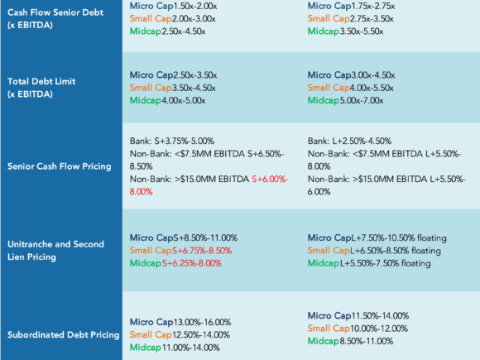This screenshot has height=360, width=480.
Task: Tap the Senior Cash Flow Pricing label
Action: click(60, 166)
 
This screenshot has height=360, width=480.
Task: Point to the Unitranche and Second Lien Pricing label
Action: click(55, 251)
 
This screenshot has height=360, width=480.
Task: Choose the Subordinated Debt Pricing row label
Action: click(64, 335)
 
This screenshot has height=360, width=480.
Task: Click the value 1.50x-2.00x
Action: click(195, 6)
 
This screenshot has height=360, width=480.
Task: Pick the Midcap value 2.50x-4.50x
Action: click(184, 31)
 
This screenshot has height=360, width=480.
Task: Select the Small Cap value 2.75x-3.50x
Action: click(372, 19)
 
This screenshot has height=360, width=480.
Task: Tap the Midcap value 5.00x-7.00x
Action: click(362, 100)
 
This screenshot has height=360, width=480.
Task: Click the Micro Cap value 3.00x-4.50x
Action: click(373, 75)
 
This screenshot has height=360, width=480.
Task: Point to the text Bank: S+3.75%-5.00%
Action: click(172, 142)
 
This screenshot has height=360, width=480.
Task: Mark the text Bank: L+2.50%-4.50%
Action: click(349, 142)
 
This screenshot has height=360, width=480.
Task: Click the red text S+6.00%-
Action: click(270, 179)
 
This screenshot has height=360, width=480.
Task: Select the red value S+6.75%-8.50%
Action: click(202, 251)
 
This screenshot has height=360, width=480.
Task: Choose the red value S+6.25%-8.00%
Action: click(192, 263)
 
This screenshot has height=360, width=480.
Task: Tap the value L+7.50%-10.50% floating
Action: click(399, 238)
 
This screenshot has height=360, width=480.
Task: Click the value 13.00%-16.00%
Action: click(203, 322)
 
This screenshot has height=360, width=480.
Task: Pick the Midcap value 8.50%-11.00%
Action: click(367, 341)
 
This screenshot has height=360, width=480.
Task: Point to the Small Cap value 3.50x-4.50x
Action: click(194, 88)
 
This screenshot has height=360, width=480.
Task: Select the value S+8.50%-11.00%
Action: click(206, 238)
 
